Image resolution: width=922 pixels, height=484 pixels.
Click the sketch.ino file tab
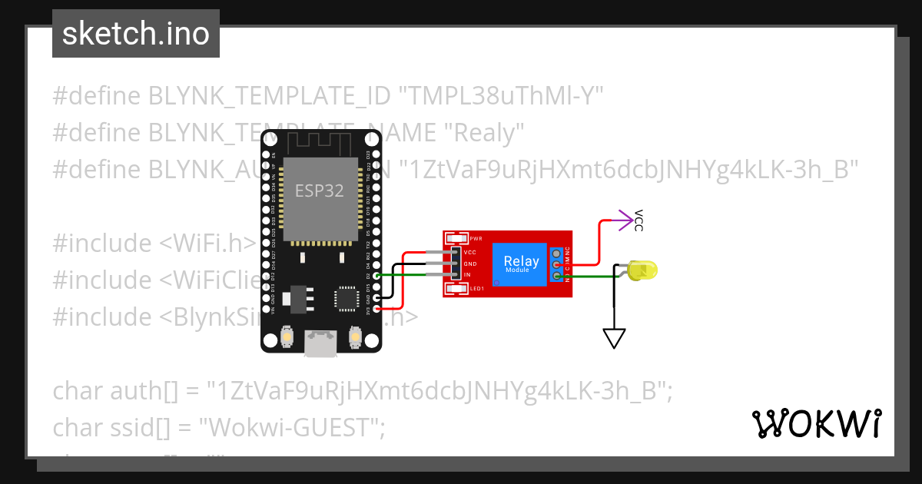pyautogui.click(x=135, y=34)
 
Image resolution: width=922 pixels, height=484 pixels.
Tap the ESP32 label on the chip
pyautogui.click(x=320, y=190)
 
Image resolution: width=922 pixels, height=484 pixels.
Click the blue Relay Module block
pyautogui.click(x=521, y=264)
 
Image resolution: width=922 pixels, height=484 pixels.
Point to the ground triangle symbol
pyautogui.click(x=614, y=338)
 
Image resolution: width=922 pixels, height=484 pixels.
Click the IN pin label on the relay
pyautogui.click(x=467, y=274)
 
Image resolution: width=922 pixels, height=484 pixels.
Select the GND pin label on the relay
pyautogui.click(x=469, y=264)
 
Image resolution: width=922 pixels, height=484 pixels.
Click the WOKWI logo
pyautogui.click(x=815, y=423)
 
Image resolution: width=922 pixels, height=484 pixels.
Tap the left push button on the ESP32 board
pyautogui.click(x=287, y=336)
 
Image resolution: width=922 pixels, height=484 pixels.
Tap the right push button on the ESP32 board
pyautogui.click(x=355, y=336)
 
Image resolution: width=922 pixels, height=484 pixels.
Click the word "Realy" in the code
pyautogui.click(x=484, y=133)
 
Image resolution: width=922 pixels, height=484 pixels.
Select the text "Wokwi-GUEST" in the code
pyautogui.click(x=297, y=427)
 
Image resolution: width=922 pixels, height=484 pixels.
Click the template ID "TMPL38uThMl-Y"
pyautogui.click(x=500, y=96)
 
